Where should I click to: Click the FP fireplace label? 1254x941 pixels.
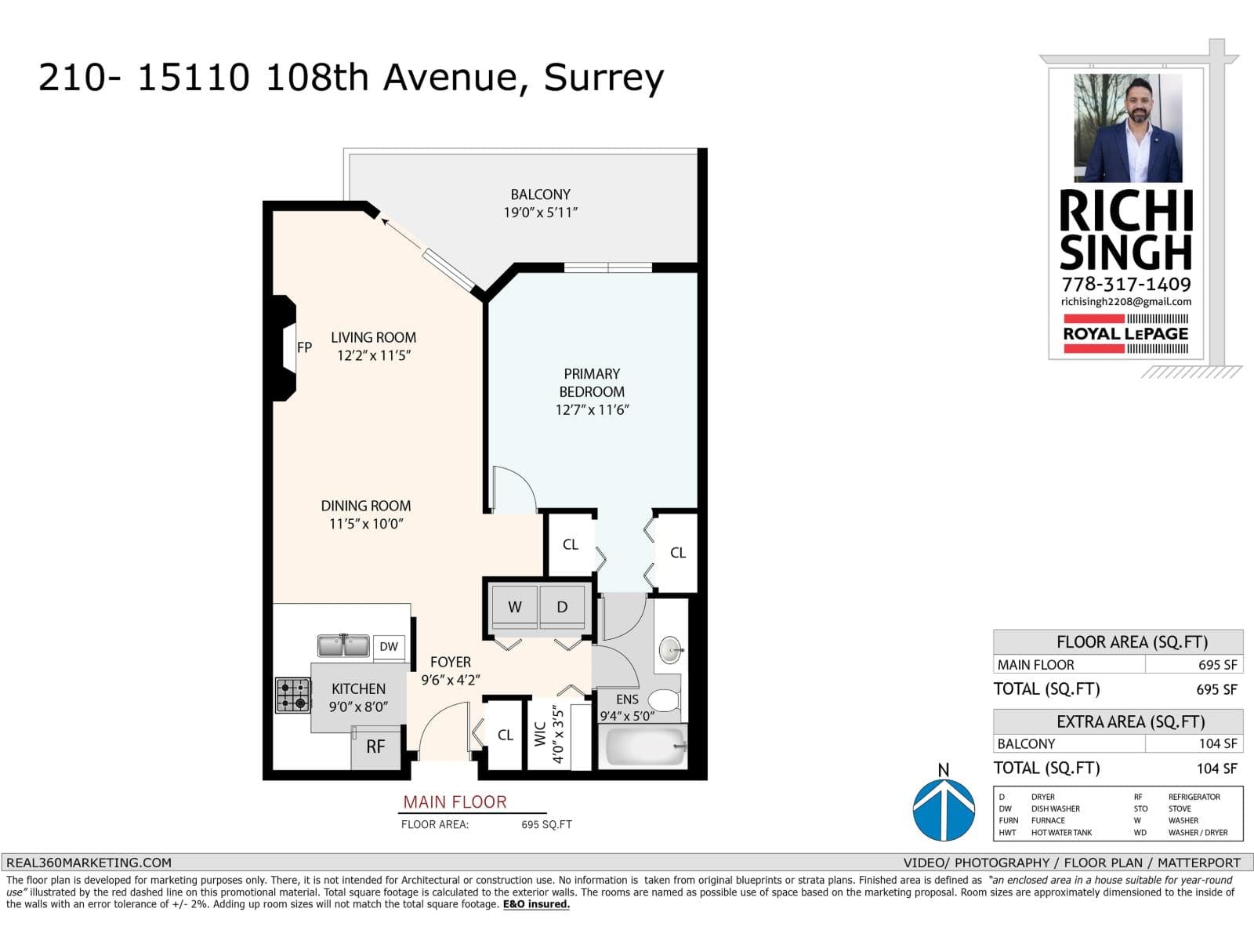(x=305, y=347)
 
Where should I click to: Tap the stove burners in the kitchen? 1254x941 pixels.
(x=293, y=695)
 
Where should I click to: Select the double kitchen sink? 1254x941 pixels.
(x=343, y=645)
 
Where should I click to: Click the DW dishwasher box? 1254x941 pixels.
(x=389, y=647)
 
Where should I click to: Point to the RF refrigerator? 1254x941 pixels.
(x=376, y=747)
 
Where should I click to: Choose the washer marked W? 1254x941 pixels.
(x=514, y=607)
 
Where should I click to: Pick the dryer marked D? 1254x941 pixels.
(x=562, y=607)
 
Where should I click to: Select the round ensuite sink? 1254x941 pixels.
(x=671, y=650)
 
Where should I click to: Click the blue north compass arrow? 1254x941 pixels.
(x=944, y=810)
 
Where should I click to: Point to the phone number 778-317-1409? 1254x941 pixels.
(x=1126, y=284)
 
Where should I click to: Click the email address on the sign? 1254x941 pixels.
(x=1126, y=302)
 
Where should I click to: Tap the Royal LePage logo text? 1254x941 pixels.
(x=1125, y=334)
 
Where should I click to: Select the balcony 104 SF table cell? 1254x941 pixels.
(x=1194, y=743)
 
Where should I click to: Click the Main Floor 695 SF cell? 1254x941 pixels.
(x=1194, y=664)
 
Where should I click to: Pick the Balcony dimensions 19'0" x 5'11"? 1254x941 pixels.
(x=541, y=213)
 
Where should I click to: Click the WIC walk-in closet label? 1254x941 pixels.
(x=541, y=734)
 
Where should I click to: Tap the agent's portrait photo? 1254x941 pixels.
(x=1128, y=128)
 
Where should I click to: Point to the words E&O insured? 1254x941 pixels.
(x=536, y=904)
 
